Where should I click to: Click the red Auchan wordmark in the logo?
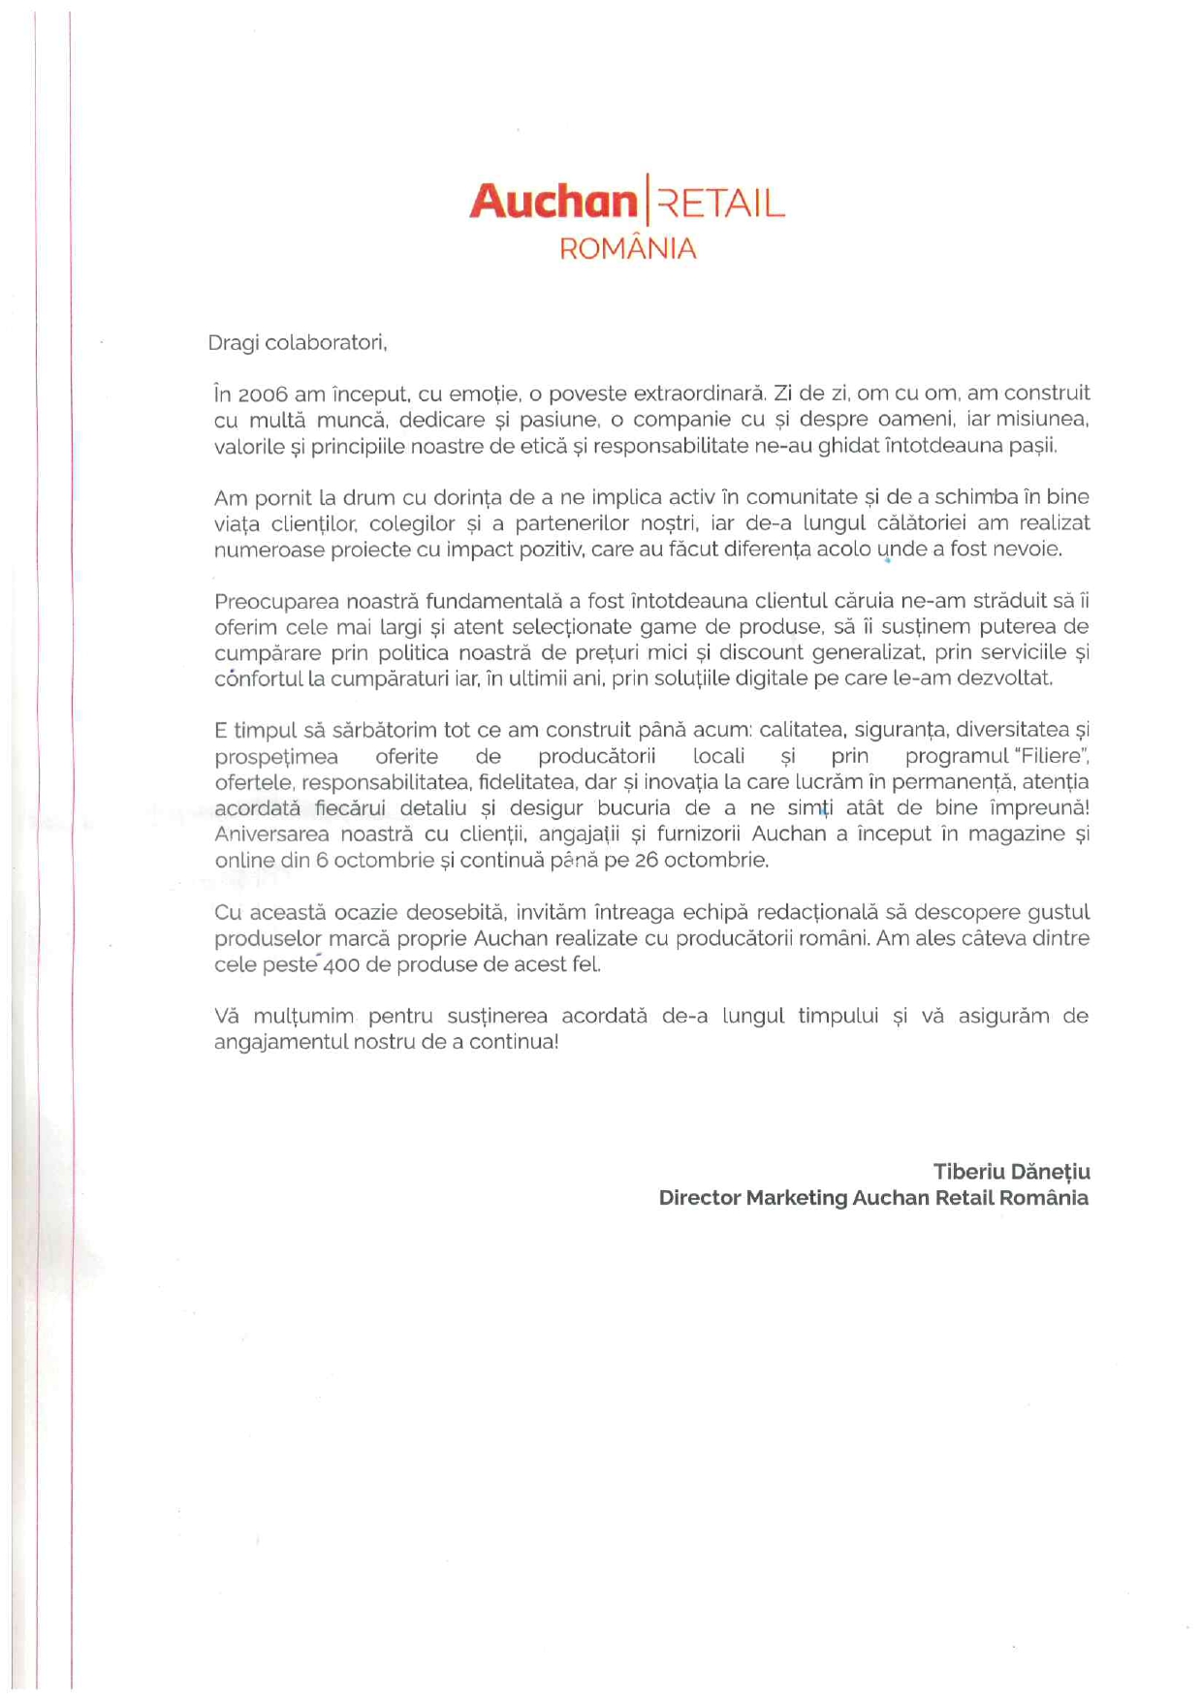[x=553, y=202]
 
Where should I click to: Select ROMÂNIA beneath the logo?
[x=628, y=249]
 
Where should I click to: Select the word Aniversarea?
[x=271, y=834]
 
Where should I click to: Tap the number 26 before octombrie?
[x=647, y=861]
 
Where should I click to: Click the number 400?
[x=342, y=965]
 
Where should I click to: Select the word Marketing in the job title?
[x=796, y=1198]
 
